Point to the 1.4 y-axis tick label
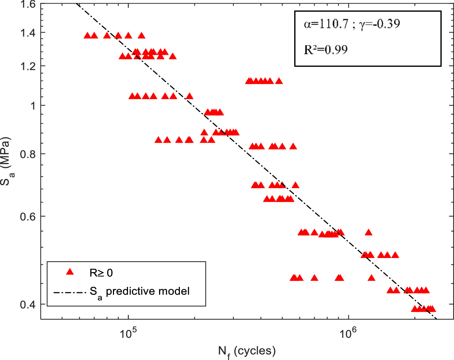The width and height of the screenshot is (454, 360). tap(28, 33)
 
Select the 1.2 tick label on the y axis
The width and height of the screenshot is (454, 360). tap(28, 66)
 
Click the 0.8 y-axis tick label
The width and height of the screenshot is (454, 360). tap(28, 154)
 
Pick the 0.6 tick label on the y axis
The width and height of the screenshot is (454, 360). tap(28, 217)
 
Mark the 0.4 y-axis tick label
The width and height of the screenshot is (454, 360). tap(28, 305)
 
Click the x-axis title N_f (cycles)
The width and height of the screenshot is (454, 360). tap(247, 351)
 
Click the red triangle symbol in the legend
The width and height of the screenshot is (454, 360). tap(70, 272)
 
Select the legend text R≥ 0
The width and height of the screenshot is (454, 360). tap(101, 273)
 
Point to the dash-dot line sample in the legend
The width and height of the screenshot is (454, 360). tap(70, 292)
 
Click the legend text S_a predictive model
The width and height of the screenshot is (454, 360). tap(139, 292)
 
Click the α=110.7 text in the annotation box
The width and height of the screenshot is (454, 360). tap(326, 24)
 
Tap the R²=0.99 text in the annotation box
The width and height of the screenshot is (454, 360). tap(326, 49)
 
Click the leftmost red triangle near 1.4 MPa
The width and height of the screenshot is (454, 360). tap(87, 35)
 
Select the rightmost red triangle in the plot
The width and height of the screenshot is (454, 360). tap(432, 309)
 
